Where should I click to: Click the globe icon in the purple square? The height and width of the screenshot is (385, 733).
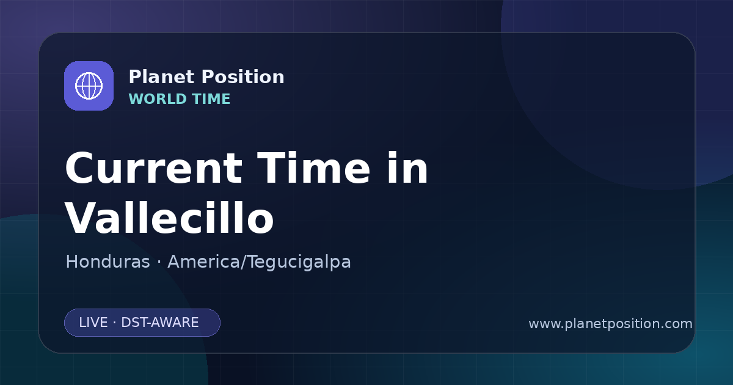(89, 86)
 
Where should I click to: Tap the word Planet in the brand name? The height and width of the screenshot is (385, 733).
(162, 77)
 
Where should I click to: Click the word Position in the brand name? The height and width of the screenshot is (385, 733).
(243, 78)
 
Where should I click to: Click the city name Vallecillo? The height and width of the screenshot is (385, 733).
(169, 218)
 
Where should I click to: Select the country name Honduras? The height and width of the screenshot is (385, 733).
(108, 262)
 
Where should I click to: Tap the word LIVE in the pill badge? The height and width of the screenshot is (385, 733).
(93, 323)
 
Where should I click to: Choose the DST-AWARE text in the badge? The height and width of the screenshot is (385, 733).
(159, 323)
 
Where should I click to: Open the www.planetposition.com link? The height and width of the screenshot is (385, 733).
(610, 324)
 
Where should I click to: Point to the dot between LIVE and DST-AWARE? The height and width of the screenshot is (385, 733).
(114, 323)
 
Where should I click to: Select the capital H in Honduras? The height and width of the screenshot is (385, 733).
(71, 262)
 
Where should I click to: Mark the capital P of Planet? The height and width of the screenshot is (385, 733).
(135, 77)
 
